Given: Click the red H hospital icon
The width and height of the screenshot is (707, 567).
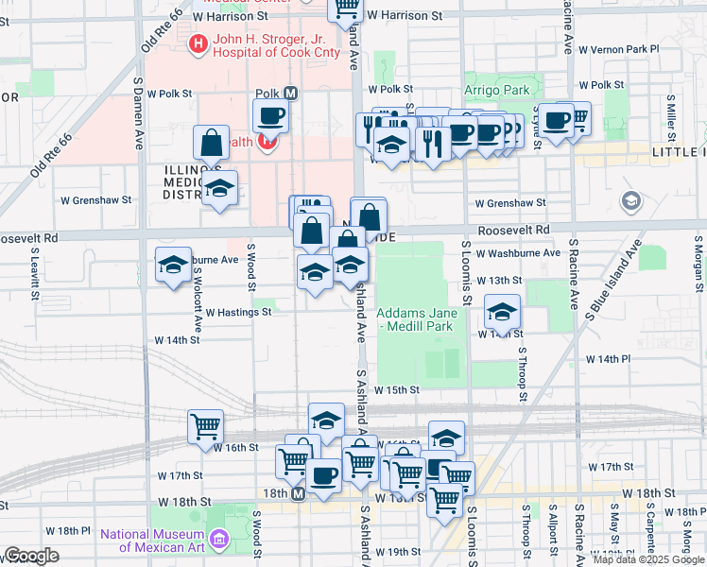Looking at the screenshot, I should click(x=198, y=43).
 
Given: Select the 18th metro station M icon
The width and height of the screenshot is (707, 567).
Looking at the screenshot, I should click(x=299, y=493).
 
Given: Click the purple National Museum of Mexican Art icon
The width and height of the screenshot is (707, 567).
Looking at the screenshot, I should click(x=219, y=540).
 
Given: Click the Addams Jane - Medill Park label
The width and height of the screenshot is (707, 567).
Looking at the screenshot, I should click(x=417, y=319).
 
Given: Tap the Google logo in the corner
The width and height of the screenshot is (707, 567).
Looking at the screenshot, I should click(x=31, y=556).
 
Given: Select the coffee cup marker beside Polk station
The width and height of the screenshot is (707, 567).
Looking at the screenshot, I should click(x=270, y=117).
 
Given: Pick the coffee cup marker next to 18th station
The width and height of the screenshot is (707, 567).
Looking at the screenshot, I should click(x=323, y=475).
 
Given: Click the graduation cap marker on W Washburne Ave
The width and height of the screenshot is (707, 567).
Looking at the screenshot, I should click(x=173, y=267).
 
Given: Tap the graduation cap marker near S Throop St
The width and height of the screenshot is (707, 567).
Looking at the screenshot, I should click(x=503, y=312).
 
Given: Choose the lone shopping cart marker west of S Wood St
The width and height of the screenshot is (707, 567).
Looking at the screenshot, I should click(x=205, y=427).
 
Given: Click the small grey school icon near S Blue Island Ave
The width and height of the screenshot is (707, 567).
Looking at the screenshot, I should click(x=630, y=200).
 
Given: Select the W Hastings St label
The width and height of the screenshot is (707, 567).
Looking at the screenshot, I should click(x=238, y=312).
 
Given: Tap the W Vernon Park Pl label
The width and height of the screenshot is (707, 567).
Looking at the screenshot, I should click(x=618, y=48).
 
